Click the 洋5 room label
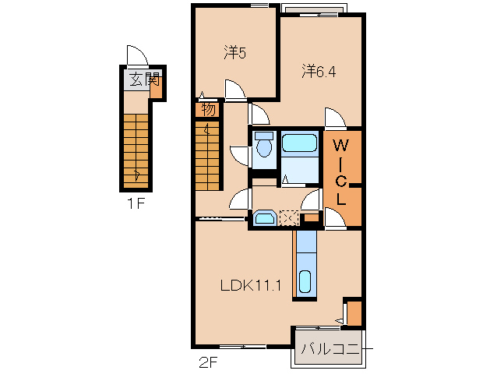coord(235,53)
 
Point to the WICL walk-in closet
coord(342,171)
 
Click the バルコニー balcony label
coord(330,348)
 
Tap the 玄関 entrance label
coord(143,79)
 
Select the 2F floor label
coord(206,361)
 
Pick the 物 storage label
coord(208,109)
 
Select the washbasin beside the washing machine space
coord(265,217)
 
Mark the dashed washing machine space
coord(289,217)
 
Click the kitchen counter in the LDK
coord(306,264)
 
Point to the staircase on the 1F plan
coord(136,148)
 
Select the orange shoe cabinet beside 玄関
coord(157,86)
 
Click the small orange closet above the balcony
coord(354,313)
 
